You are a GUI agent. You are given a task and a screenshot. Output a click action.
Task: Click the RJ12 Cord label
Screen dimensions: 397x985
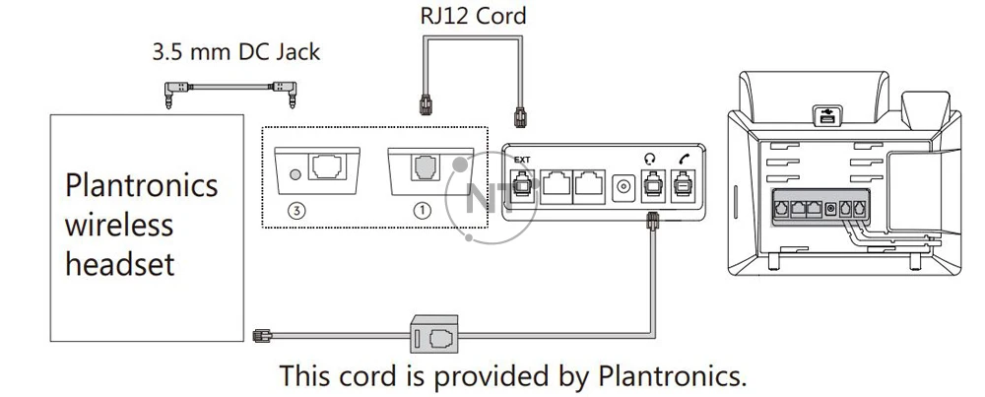473,16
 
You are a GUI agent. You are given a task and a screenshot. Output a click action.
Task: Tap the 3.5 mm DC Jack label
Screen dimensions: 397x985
235,51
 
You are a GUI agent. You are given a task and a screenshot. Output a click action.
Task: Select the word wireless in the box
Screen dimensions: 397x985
119,225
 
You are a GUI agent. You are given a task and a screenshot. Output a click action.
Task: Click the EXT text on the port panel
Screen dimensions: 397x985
522,159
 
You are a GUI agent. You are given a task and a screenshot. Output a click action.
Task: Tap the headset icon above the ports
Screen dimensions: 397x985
649,158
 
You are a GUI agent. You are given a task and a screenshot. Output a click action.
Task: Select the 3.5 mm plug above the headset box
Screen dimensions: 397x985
170,95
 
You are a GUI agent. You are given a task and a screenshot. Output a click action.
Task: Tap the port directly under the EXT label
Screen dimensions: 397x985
522,183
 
